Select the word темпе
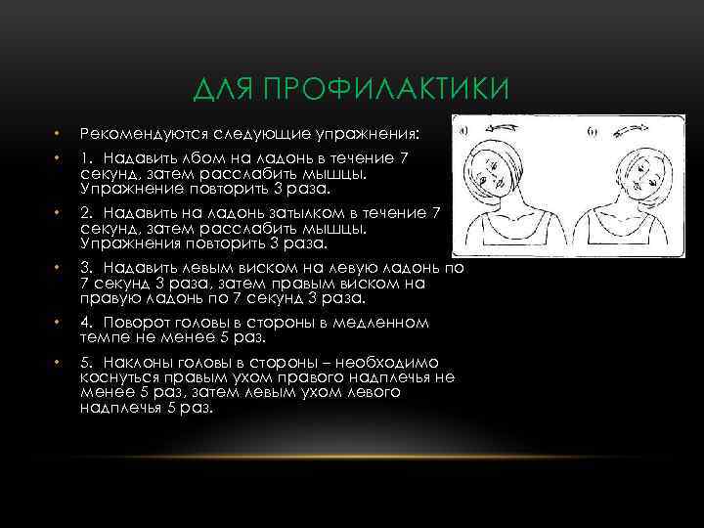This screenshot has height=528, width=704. pyautogui.click(x=103, y=335)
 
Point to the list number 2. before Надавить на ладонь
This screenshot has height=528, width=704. pyautogui.click(x=88, y=211)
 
